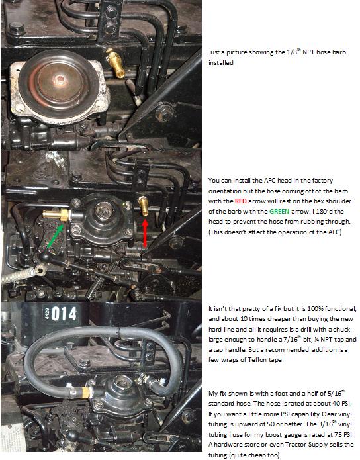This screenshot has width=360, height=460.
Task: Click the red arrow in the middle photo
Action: pyautogui.click(x=145, y=233)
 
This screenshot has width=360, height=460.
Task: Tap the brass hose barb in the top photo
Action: pyautogui.click(x=116, y=64)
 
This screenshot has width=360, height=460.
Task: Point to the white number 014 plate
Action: pyautogui.click(x=60, y=314)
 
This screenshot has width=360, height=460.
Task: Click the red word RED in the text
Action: pyautogui.click(x=241, y=201)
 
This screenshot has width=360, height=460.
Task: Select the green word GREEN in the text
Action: pyautogui.click(x=279, y=212)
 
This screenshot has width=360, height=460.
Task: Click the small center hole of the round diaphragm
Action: pyautogui.click(x=61, y=78)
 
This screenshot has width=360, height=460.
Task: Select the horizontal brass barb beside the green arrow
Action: pyautogui.click(x=56, y=214)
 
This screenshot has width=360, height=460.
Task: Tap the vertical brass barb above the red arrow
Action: pyautogui.click(x=144, y=206)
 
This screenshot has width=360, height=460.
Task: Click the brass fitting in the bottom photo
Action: pyautogui.click(x=85, y=392)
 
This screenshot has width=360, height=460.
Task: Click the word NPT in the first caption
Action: pyautogui.click(x=308, y=52)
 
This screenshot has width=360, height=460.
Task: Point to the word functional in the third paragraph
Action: pyautogui.click(x=341, y=309)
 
